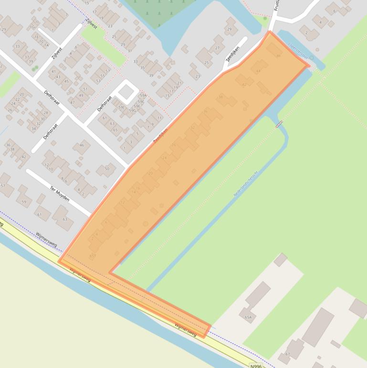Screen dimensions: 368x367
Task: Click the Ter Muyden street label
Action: click(x=60, y=192)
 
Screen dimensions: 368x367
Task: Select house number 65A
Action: click(x=248, y=317)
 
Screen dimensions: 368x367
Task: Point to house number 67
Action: click(x=287, y=354)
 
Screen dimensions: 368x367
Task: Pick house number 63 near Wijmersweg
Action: click(x=64, y=219)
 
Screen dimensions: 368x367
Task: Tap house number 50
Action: click(x=107, y=169)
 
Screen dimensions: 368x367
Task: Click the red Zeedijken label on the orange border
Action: click(x=158, y=137)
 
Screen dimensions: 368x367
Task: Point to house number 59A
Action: click(x=143, y=96)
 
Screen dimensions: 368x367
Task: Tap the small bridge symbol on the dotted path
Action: click(x=279, y=124)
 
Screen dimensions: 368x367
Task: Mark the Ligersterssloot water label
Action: click(x=298, y=52)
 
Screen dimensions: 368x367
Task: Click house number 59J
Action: click(x=121, y=107)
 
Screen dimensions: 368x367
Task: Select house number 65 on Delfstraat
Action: click(x=115, y=130)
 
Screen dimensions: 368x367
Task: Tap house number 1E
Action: click(x=35, y=36)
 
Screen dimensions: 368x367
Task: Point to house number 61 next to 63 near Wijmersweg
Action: click(x=40, y=215)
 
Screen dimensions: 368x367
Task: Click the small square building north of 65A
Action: click(x=280, y=260)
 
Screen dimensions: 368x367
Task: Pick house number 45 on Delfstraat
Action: click(x=66, y=81)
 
